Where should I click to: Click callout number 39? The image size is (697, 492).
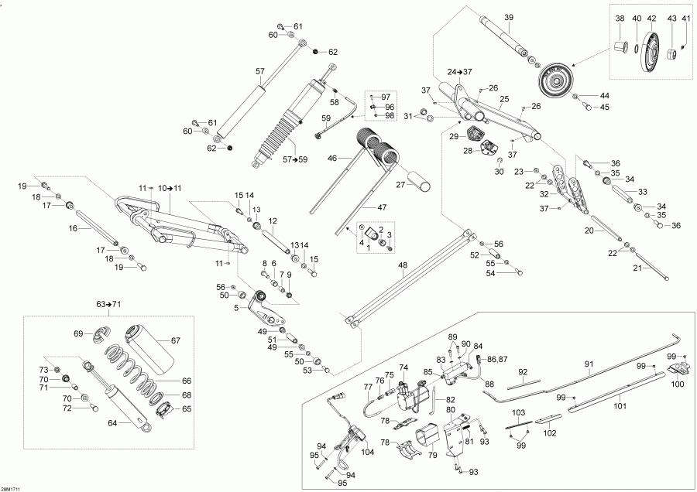509,17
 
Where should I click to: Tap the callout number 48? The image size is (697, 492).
402,265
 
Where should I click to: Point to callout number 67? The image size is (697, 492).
175,340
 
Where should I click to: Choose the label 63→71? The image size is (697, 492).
109,304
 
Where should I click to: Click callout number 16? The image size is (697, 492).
73,229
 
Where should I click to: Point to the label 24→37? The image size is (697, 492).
458,71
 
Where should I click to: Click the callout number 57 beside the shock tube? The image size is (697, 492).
260,71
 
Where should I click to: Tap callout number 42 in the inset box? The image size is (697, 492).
651,18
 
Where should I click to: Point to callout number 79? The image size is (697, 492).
432,454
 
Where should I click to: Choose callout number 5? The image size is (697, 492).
235,307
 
